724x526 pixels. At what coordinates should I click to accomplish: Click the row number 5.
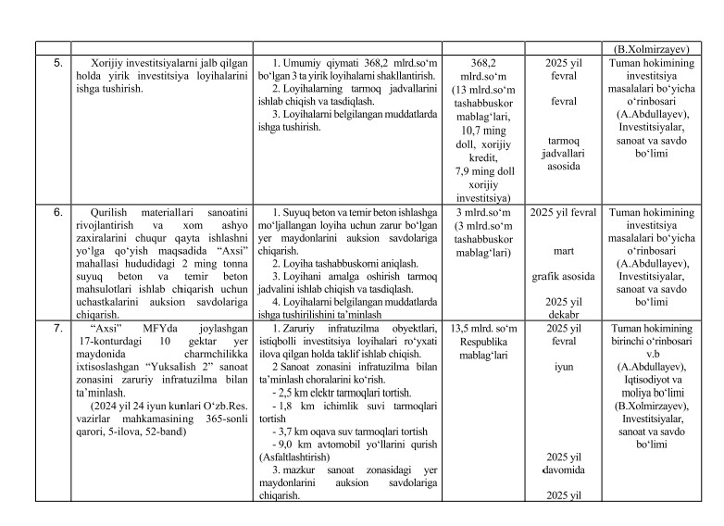56,63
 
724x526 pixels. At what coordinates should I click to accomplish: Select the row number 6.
56,212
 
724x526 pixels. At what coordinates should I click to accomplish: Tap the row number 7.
56,329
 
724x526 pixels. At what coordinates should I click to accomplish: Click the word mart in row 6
563,251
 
